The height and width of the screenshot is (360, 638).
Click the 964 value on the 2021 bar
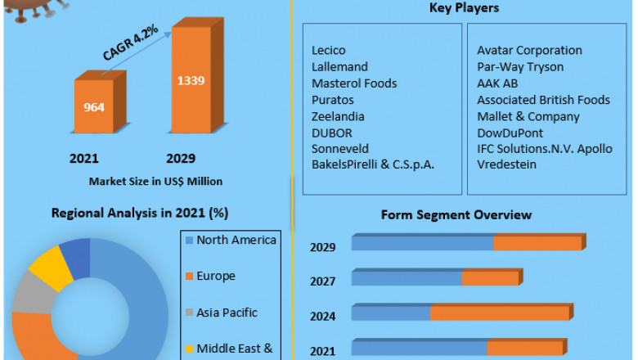(x=94, y=106)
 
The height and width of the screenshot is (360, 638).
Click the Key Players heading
(x=465, y=8)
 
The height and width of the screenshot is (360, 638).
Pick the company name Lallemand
(x=339, y=67)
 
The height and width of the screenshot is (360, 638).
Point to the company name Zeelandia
(x=338, y=116)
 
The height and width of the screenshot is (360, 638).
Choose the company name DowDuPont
(x=510, y=133)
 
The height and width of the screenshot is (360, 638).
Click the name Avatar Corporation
(x=529, y=51)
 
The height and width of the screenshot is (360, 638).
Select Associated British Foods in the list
(x=543, y=100)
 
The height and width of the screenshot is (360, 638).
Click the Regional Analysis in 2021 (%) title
(x=140, y=213)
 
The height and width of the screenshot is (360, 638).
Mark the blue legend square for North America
(x=190, y=241)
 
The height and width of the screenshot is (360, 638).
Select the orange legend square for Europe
(x=190, y=277)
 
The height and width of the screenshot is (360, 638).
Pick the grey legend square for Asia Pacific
(x=190, y=313)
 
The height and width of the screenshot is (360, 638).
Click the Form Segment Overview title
(x=456, y=215)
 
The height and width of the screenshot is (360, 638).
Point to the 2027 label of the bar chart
(x=322, y=281)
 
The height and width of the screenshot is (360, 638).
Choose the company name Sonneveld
(x=339, y=149)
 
